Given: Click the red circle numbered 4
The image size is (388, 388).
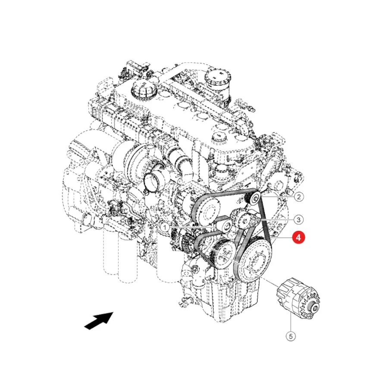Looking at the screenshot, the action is click(x=298, y=238).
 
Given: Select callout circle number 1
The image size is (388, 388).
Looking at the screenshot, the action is click(x=165, y=227).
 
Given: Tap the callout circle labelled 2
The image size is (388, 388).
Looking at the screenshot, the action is click(x=299, y=197).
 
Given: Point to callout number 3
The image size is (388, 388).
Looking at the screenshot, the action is click(x=298, y=219).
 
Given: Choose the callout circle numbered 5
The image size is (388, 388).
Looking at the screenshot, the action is click(x=291, y=336).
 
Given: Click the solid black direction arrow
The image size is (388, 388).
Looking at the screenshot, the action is click(x=99, y=321).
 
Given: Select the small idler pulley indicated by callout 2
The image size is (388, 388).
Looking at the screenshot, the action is click(x=253, y=198).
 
